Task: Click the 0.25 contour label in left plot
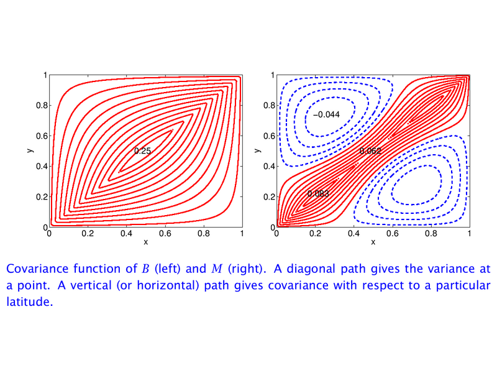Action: [142, 151]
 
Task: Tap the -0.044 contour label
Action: [326, 114]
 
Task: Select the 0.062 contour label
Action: [370, 151]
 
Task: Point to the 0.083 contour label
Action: [318, 193]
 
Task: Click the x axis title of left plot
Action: [146, 242]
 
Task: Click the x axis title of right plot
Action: [373, 242]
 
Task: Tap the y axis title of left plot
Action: [30, 150]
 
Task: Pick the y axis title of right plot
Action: [258, 150]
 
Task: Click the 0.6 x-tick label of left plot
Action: [165, 234]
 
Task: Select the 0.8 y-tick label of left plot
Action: [42, 105]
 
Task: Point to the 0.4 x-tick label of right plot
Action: [353, 234]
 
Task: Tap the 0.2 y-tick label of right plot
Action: [269, 196]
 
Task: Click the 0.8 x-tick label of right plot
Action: [431, 234]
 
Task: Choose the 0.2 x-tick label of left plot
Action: [88, 234]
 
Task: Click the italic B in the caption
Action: [145, 269]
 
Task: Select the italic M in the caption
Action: [217, 269]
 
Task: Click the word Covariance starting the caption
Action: [37, 269]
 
